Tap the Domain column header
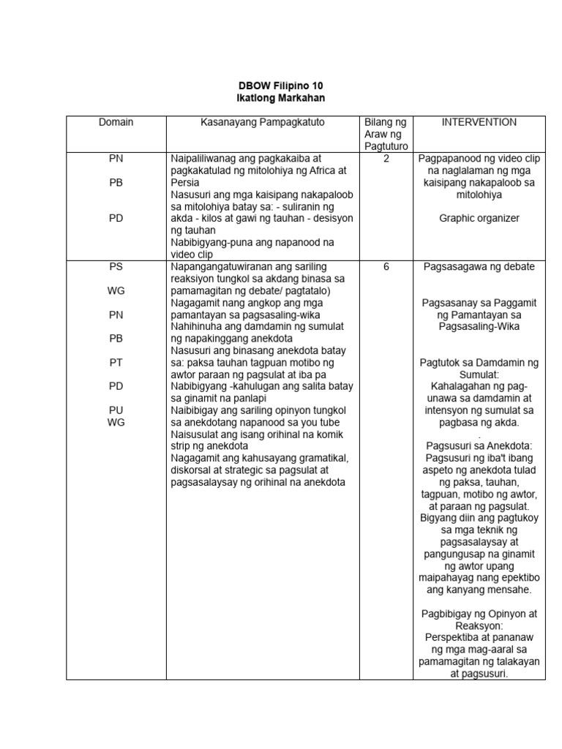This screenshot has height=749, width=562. [x=116, y=122]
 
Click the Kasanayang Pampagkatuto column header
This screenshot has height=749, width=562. [x=263, y=122]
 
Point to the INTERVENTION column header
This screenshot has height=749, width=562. [x=479, y=122]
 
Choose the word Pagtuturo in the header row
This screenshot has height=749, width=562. [x=385, y=146]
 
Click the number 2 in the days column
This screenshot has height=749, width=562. [x=385, y=158]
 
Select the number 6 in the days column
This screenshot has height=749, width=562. [x=385, y=267]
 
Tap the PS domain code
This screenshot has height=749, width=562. [x=116, y=267]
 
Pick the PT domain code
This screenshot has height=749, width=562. [x=116, y=362]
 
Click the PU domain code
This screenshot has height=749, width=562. [x=116, y=410]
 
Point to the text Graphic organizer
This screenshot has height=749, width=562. [x=479, y=218]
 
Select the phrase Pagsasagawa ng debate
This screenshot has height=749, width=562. [x=479, y=267]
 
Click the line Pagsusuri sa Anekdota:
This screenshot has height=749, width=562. [x=479, y=446]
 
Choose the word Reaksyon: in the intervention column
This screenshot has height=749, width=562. [x=479, y=625]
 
